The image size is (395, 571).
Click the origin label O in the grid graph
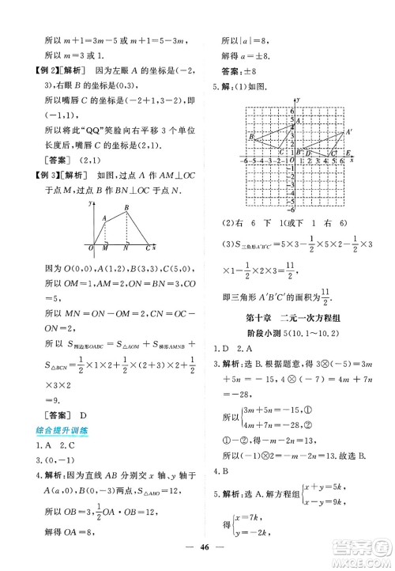pos(292,160)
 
